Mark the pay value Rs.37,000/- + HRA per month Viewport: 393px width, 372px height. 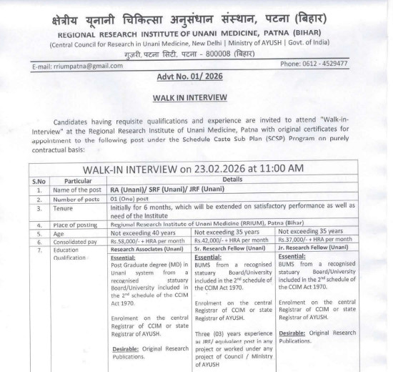[317, 242]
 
